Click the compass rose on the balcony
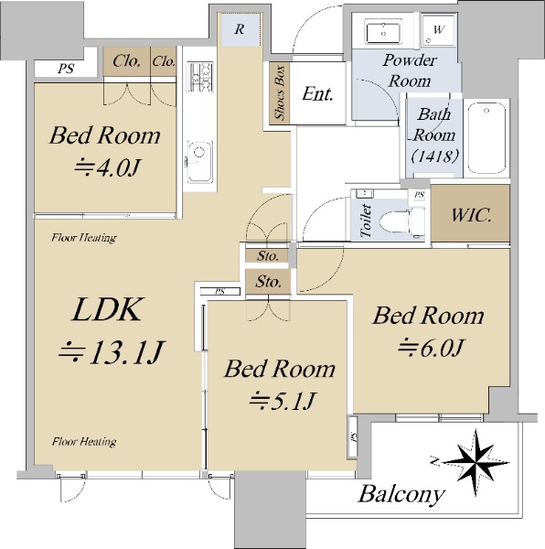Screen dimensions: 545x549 [475, 462]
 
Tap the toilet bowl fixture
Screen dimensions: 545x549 [402, 223]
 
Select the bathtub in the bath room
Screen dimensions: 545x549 [486, 138]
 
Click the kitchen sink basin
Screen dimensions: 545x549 [199, 161]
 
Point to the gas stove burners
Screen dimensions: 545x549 [199, 77]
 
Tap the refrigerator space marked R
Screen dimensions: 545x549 [240, 29]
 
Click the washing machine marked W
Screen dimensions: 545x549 [439, 30]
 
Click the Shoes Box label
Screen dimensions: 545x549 [280, 92]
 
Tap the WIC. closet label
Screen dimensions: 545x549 [471, 214]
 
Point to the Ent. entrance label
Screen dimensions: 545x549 [317, 93]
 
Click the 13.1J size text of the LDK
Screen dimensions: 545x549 [112, 351]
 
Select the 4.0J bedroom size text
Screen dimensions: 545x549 [107, 167]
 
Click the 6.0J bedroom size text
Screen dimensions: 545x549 [431, 348]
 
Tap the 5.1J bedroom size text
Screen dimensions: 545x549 [283, 400]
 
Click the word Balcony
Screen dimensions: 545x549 [401, 494]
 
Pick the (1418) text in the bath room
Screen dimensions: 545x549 [434, 156]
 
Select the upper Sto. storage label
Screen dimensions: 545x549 [268, 256]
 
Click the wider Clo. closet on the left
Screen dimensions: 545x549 [126, 61]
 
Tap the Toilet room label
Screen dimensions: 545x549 [365, 221]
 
